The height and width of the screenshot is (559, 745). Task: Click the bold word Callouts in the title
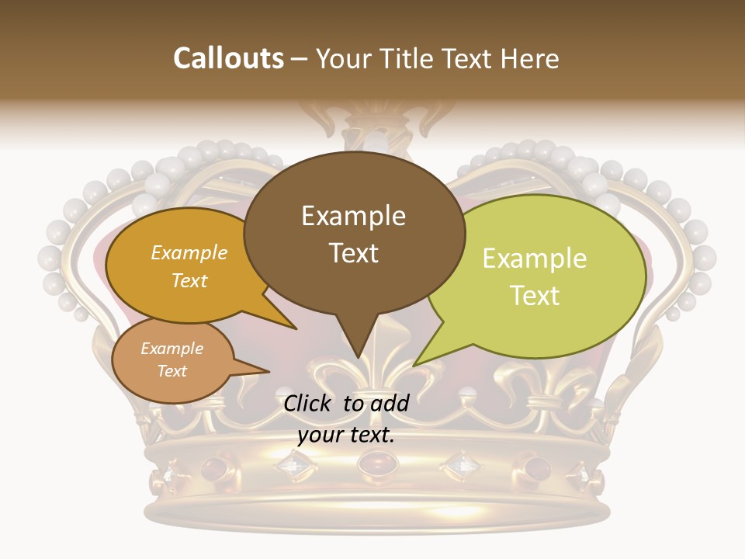tap(228, 58)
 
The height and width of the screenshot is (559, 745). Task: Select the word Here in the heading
tap(528, 58)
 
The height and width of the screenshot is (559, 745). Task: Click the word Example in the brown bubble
tap(353, 215)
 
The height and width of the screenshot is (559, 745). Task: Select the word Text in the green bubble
tap(535, 296)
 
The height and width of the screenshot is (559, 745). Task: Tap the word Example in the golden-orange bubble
tap(189, 253)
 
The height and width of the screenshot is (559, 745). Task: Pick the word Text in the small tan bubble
tap(172, 371)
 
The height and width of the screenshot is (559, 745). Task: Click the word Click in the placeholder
tap(309, 403)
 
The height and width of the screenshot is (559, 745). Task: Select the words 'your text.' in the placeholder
tap(345, 435)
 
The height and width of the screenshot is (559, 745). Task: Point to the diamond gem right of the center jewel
tap(462, 465)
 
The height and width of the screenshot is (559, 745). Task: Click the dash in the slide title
tap(300, 59)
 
